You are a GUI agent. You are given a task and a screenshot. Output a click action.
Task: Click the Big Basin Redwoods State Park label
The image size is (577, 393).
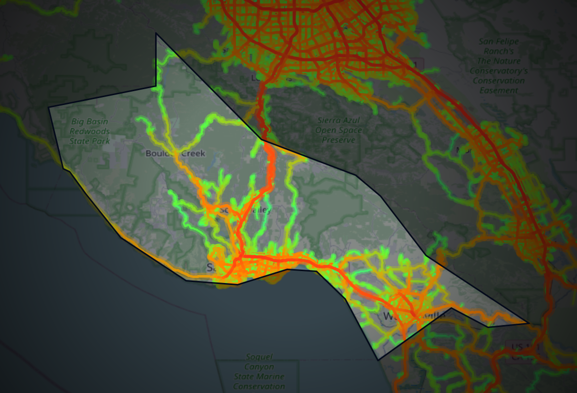(x=89, y=131)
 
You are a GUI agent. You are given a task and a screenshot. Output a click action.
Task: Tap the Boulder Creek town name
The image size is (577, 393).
(x=175, y=153)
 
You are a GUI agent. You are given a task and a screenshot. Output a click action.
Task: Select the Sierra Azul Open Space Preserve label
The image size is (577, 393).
(x=339, y=130)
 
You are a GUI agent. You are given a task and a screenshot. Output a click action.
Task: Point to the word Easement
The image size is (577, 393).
(x=499, y=90)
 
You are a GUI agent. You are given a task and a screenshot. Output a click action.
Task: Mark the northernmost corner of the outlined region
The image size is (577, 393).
(x=156, y=34)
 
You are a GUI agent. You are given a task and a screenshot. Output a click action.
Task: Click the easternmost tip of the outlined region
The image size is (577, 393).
(x=528, y=323)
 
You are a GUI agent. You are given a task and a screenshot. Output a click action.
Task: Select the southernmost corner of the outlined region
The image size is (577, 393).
(x=378, y=360)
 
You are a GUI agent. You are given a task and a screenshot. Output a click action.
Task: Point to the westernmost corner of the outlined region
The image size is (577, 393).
(x=49, y=107)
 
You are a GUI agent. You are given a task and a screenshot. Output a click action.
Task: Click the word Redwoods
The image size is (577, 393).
(x=89, y=131)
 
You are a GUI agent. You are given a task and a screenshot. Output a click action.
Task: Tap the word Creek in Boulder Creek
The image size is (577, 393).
(x=192, y=153)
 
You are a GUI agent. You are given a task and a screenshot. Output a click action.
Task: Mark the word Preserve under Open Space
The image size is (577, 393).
(x=339, y=140)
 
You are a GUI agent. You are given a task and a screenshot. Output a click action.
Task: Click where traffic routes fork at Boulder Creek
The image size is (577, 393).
(x=174, y=151)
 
